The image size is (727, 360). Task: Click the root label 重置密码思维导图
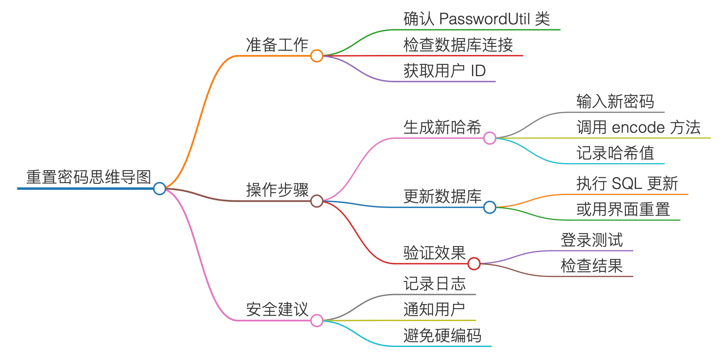click(x=88, y=177)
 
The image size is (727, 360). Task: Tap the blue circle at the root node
click(x=159, y=188)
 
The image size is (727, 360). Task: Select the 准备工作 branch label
click(x=277, y=45)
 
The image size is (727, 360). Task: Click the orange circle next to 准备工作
click(x=316, y=56)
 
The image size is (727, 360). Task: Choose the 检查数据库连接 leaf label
click(x=458, y=45)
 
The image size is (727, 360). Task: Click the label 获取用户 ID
click(x=444, y=71)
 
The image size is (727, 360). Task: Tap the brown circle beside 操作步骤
click(x=316, y=201)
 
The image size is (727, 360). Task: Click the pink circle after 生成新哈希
click(x=489, y=138)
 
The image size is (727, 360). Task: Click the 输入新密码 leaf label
click(x=615, y=101)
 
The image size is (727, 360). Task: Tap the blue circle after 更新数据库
click(x=489, y=207)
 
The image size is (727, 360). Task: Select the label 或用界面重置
click(x=623, y=209)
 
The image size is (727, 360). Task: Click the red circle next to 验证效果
click(x=474, y=264)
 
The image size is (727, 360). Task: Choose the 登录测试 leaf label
click(x=591, y=240)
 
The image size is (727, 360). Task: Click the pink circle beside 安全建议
click(x=316, y=321)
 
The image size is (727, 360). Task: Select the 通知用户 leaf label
click(x=434, y=309)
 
